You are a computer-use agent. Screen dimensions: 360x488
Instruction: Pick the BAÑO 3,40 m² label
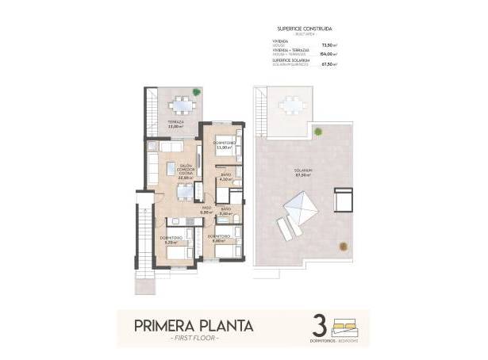[225, 212]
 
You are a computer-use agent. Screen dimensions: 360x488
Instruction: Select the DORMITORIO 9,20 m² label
[171, 239]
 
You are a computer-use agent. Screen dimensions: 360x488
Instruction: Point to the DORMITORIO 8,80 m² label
[219, 238]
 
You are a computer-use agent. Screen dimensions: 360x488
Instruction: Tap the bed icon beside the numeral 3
[346, 324]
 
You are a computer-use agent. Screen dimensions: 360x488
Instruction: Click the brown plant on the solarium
[343, 245]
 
